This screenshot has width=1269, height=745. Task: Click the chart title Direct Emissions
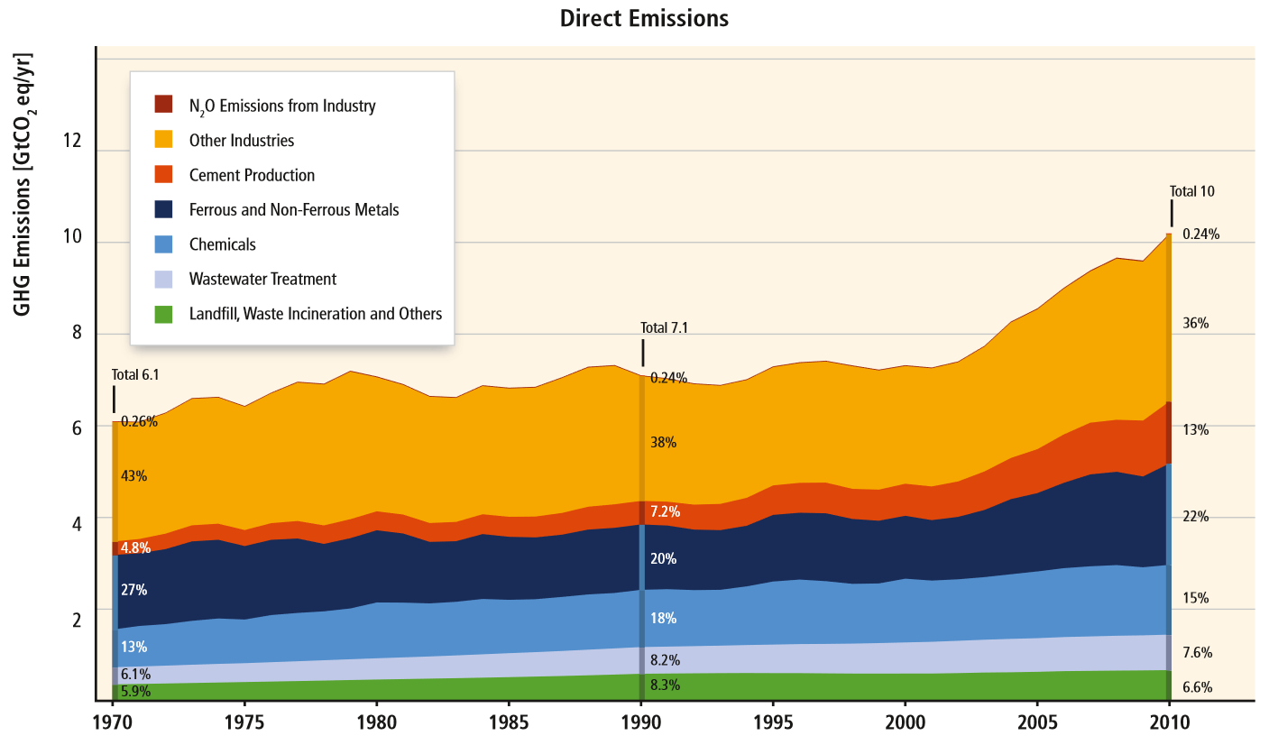coord(643,18)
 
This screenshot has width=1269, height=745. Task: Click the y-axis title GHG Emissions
coord(24,185)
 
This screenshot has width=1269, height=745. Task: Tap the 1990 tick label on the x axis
coord(640,723)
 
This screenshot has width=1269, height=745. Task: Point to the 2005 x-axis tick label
coord(1036,723)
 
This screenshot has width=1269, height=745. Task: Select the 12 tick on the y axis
coord(71,142)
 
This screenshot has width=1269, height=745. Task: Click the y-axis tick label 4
coord(78,523)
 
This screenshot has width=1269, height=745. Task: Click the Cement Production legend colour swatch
coord(163,175)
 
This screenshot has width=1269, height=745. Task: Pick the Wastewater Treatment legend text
coord(262,280)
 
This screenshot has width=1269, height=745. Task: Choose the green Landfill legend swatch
coord(163,314)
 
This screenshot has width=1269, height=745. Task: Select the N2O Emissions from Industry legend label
coord(281,106)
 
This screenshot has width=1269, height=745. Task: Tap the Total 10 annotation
coord(1191,191)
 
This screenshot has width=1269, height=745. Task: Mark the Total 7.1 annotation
coord(664,327)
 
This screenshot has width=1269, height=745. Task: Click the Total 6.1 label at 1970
coord(135,374)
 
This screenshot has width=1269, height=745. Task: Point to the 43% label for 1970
coord(133,476)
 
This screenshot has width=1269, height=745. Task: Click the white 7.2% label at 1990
coord(665,511)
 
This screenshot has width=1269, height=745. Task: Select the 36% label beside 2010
coord(1195,323)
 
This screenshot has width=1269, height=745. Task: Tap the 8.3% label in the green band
coord(665,685)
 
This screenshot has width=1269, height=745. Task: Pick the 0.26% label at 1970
coord(139,421)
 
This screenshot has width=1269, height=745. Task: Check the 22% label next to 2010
coord(1195,517)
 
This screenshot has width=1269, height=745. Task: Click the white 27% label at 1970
coord(133,591)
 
